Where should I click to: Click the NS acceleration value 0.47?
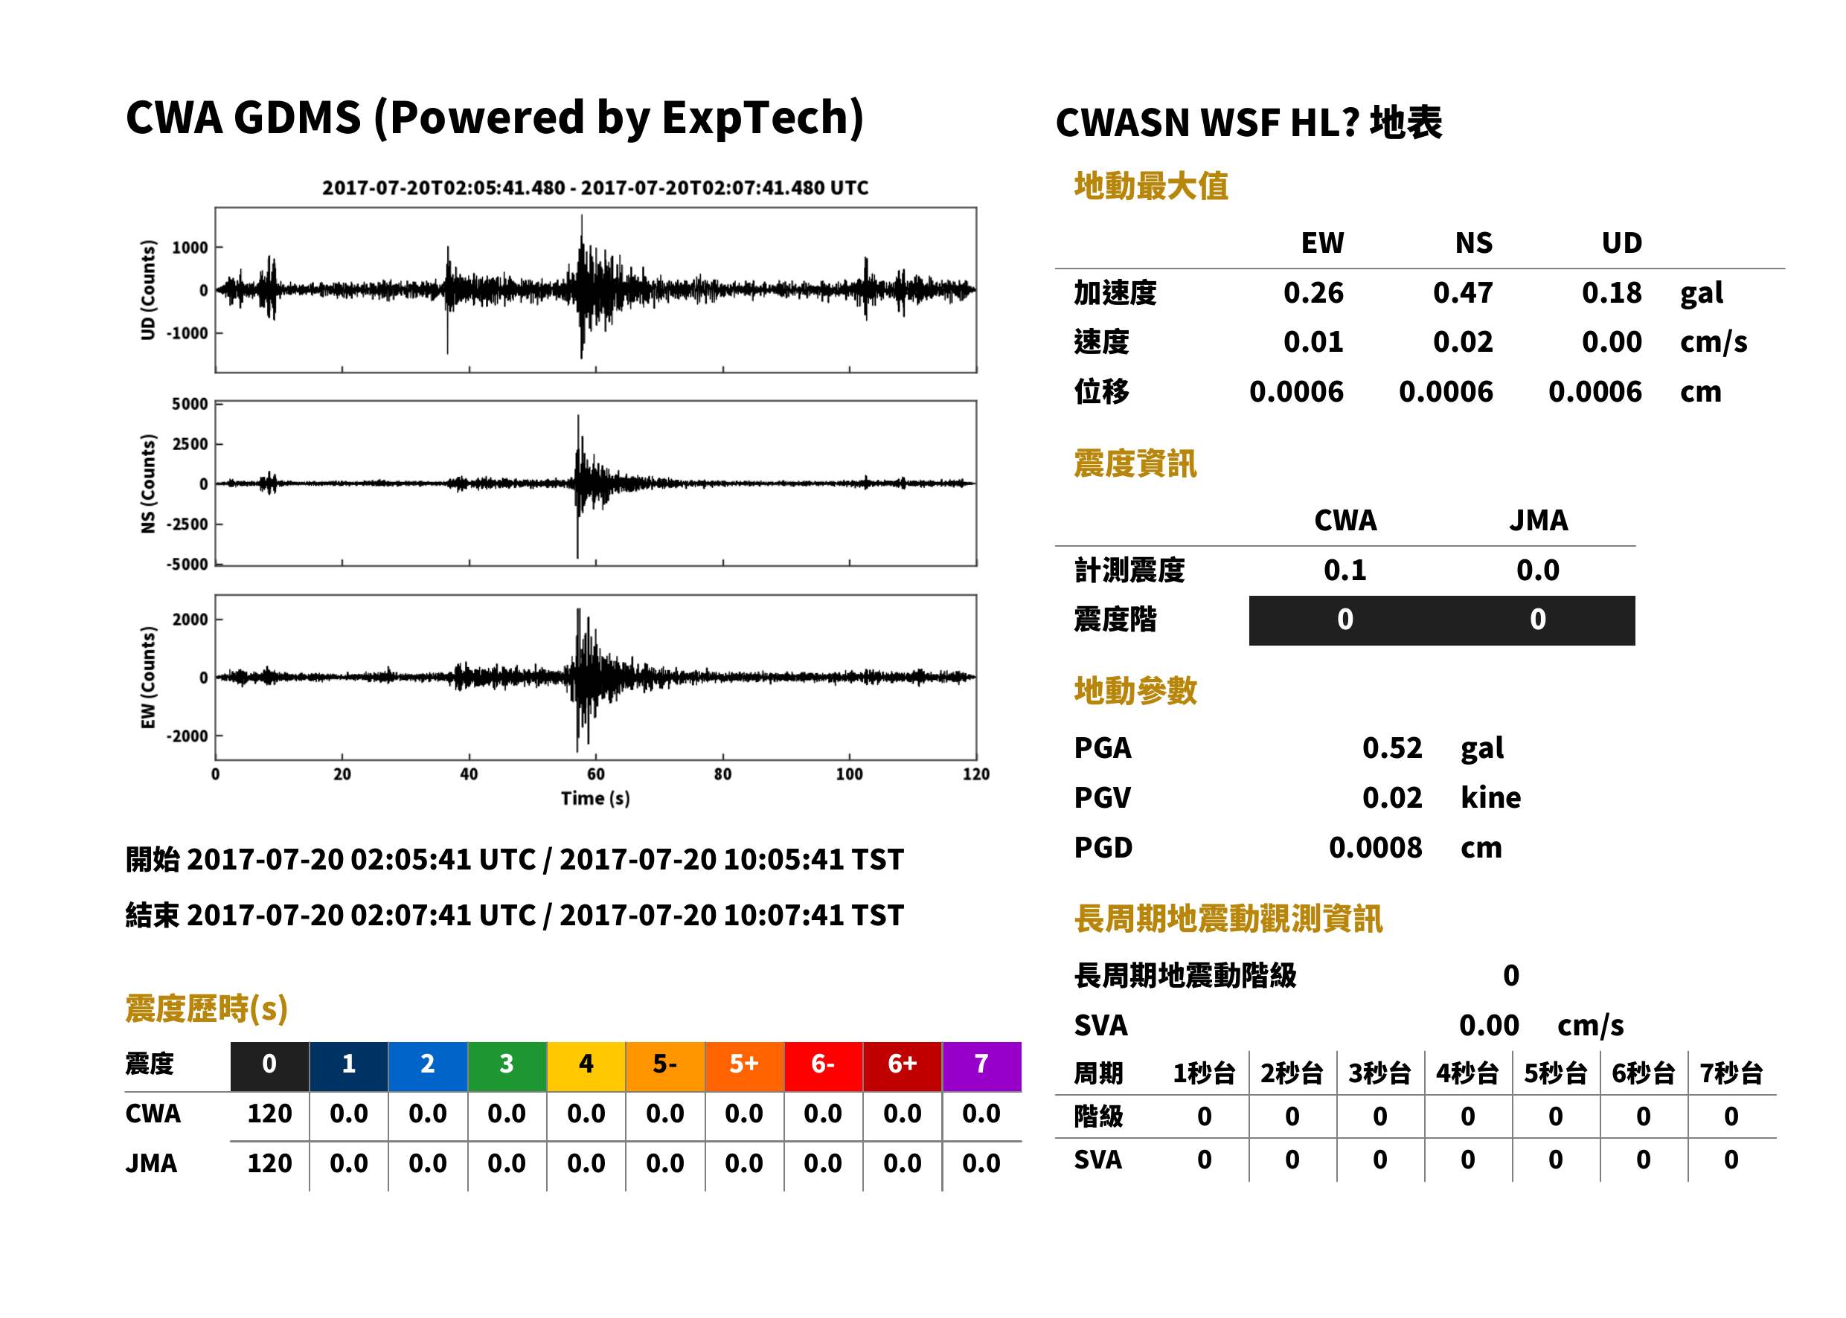(x=1462, y=292)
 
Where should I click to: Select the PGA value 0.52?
(x=1391, y=748)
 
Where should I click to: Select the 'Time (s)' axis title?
(x=595, y=799)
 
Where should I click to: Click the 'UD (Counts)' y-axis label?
(x=148, y=290)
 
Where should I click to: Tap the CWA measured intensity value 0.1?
(x=1345, y=570)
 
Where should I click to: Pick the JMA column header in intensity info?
(x=1539, y=520)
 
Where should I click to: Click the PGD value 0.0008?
(x=1375, y=847)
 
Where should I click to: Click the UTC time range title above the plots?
(x=595, y=187)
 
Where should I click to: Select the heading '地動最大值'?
(x=1151, y=186)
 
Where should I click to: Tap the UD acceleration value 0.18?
(x=1612, y=292)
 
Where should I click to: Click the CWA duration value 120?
(x=269, y=1113)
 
